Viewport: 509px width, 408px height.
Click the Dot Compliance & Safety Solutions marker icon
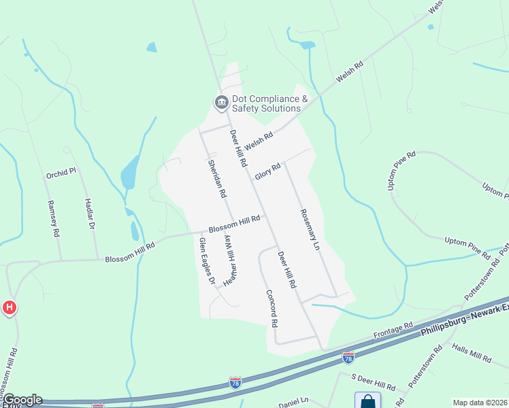coord(221,103)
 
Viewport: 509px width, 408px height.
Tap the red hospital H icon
coord(9,307)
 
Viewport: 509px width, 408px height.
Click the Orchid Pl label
coord(61,174)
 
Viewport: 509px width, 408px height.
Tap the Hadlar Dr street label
coord(89,214)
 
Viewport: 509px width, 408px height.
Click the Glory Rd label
coord(268,171)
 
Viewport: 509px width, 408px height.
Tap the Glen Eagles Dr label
coord(207,261)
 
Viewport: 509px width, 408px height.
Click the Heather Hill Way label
coord(230,257)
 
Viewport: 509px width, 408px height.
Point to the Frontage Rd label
coord(394,330)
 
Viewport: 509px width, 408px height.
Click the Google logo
coord(22,400)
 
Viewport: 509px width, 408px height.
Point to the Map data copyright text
coord(480,403)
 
